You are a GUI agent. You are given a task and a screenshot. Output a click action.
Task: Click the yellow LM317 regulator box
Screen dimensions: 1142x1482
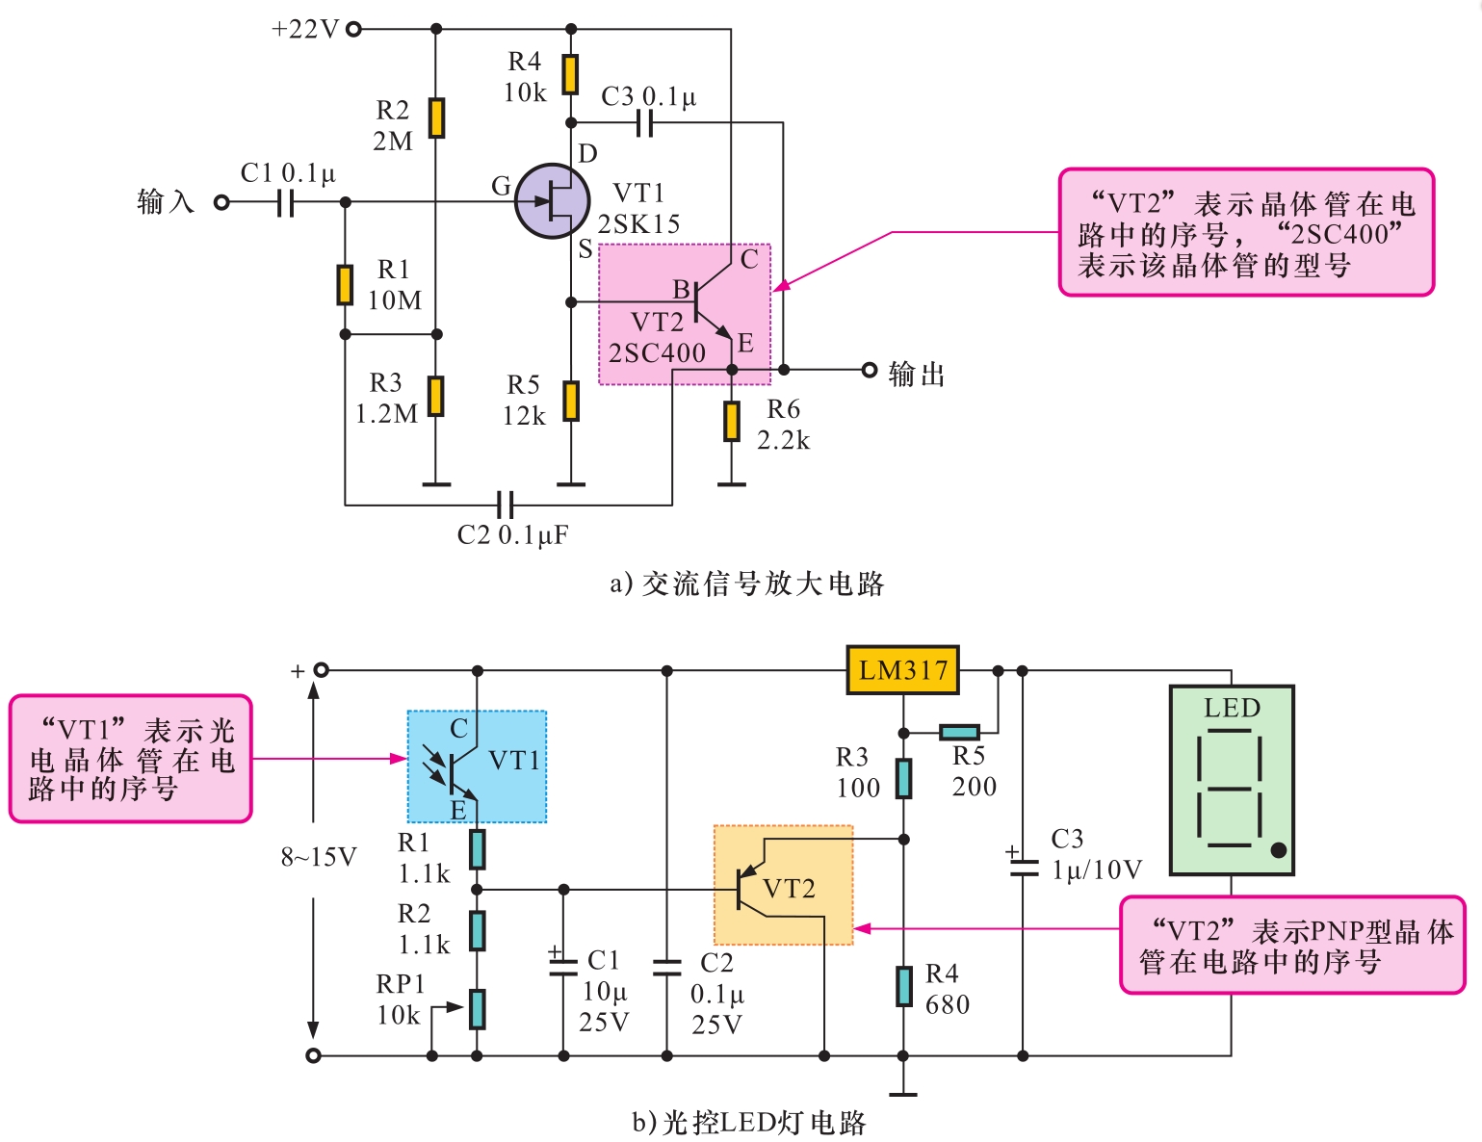[902, 670]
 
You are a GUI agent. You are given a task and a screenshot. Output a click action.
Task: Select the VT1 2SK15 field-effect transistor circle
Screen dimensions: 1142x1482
[552, 201]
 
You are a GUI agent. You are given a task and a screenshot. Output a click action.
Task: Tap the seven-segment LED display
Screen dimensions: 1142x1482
[1231, 780]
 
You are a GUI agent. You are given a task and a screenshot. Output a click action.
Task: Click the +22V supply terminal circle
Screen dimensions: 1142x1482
[353, 29]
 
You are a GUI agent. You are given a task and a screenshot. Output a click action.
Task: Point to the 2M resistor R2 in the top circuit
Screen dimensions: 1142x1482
[436, 117]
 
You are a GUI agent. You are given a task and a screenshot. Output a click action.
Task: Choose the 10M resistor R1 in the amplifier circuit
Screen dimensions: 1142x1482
[345, 285]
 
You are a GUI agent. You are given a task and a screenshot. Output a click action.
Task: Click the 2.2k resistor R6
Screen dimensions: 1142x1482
[732, 422]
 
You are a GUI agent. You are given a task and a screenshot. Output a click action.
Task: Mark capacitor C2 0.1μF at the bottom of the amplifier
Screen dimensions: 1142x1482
[506, 504]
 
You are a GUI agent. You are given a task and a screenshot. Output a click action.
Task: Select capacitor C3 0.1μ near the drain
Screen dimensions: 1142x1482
[645, 122]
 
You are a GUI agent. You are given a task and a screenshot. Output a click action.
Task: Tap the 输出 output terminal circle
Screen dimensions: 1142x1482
[869, 370]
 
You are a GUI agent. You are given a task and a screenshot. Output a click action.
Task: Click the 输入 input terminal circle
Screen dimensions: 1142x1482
[221, 202]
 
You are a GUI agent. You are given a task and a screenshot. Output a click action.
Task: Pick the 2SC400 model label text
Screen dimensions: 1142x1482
[657, 353]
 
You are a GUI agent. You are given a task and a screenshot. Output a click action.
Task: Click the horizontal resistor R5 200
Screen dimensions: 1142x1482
[959, 733]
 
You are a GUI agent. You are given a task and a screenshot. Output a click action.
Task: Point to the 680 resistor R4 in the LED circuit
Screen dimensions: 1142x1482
[903, 986]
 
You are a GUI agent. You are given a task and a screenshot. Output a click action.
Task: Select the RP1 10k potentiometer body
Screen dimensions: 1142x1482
[477, 1009]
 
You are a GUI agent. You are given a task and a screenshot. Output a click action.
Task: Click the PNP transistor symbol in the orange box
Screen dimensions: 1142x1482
[751, 888]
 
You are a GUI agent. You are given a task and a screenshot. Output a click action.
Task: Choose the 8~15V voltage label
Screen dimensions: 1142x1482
[318, 857]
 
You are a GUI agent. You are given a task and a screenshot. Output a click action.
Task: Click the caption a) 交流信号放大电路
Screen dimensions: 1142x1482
[747, 584]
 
